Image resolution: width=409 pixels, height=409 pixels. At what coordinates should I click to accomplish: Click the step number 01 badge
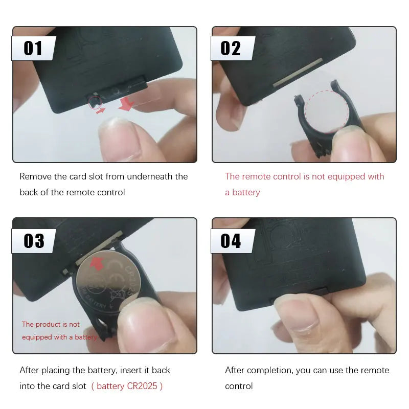(x=33, y=48)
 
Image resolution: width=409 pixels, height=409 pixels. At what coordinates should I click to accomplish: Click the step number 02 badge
(x=233, y=48)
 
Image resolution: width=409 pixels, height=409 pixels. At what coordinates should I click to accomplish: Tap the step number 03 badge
(x=33, y=241)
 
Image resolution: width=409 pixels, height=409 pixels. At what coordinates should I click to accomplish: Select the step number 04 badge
(x=233, y=241)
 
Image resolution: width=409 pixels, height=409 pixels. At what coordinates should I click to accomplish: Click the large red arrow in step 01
(x=126, y=104)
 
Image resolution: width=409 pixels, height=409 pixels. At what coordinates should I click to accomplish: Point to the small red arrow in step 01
(x=101, y=110)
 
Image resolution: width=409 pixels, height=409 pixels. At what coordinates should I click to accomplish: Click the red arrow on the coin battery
(x=97, y=264)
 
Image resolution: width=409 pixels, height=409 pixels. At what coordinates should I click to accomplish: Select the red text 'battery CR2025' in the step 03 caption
(x=127, y=386)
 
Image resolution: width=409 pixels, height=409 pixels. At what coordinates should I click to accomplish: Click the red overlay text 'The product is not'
(x=51, y=324)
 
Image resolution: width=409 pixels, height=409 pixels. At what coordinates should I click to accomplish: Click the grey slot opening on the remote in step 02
(x=298, y=72)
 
